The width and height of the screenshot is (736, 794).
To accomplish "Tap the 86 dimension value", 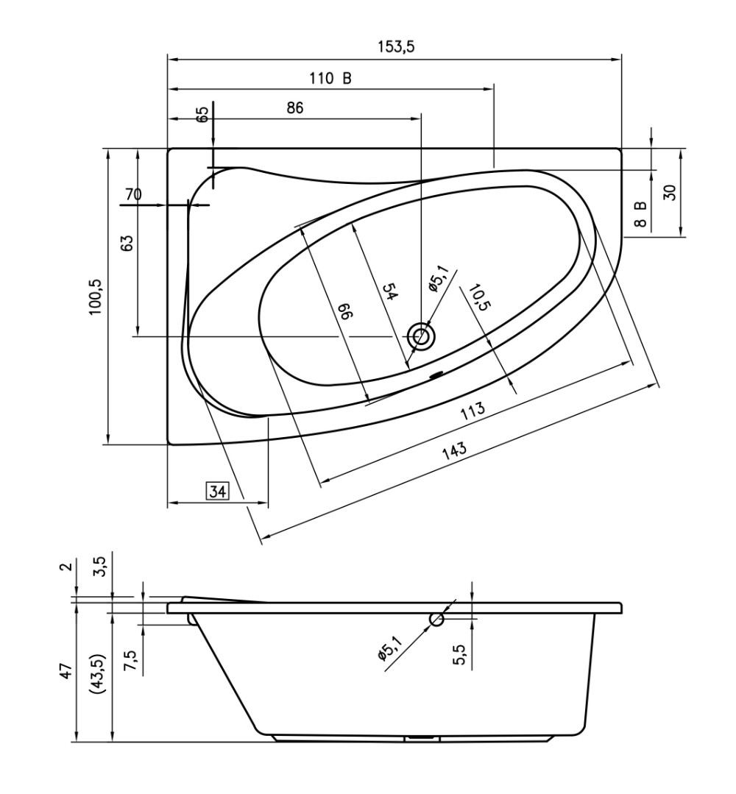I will (x=294, y=107).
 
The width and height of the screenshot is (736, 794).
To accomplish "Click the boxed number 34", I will (x=217, y=491).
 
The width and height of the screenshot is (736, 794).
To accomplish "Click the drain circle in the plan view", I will (x=422, y=336).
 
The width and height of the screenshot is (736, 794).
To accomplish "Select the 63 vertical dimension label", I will (x=127, y=243).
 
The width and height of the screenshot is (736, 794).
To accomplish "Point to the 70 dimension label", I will (x=132, y=195).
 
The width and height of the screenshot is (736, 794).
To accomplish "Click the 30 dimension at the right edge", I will (x=670, y=193).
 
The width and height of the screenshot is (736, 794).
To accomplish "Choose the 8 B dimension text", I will (x=641, y=213).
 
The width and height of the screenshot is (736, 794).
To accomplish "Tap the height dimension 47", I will (x=66, y=670).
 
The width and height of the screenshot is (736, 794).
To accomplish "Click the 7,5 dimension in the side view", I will (x=130, y=661).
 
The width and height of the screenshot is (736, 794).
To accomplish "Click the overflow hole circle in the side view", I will (x=436, y=619).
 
